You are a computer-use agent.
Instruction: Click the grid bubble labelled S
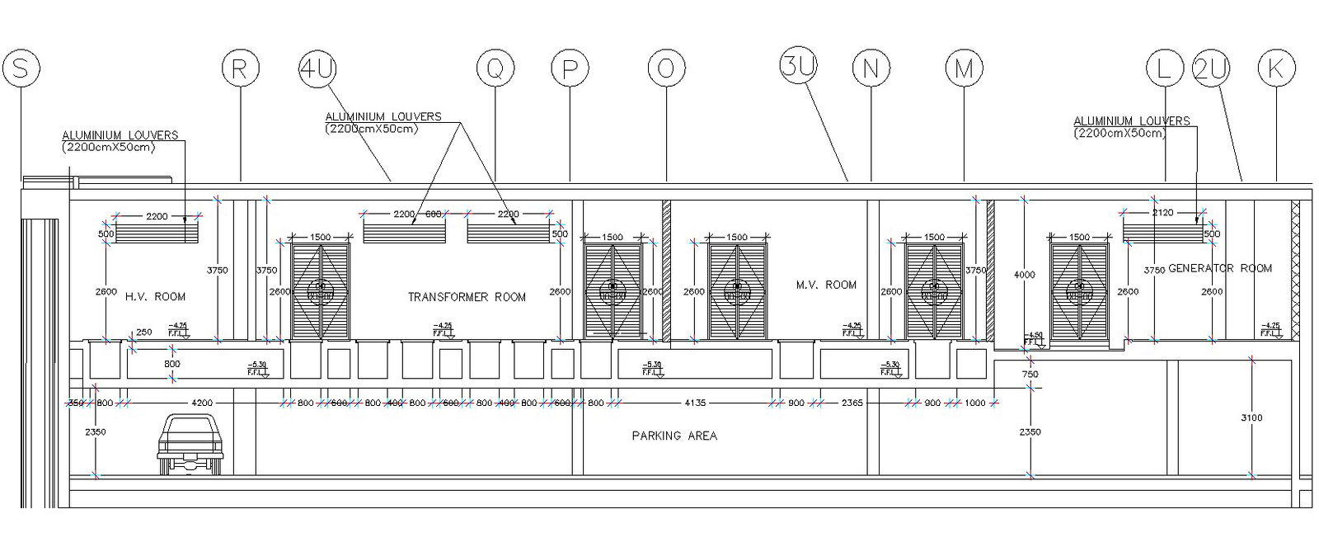(21, 68)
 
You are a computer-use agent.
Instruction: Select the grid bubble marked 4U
(317, 68)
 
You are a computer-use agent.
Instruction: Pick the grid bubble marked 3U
(798, 68)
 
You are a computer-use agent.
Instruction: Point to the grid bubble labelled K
(1276, 68)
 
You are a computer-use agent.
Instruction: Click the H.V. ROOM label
(155, 296)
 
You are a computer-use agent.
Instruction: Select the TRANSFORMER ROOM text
(467, 297)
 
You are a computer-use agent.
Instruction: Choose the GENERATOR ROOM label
(1220, 268)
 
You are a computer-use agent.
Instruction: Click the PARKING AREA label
(674, 436)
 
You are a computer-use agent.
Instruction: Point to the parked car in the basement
(190, 445)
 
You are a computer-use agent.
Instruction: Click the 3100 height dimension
(1251, 417)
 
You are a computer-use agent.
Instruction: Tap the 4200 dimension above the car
(202, 403)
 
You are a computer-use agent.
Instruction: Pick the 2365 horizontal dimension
(852, 403)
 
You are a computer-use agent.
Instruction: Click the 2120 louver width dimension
(1162, 213)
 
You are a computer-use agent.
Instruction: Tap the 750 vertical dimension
(1030, 375)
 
